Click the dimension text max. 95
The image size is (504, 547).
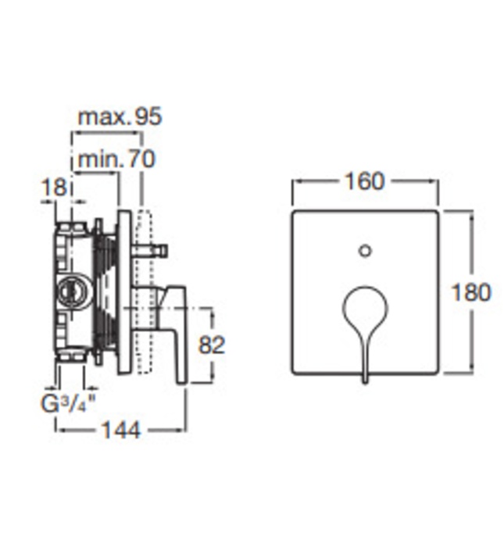point(119,116)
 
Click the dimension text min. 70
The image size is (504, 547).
point(116,159)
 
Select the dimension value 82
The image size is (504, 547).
point(211,345)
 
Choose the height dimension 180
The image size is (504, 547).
point(471,292)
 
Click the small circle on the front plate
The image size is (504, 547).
point(364,250)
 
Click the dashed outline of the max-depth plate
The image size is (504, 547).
point(142,289)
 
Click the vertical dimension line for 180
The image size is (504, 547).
point(471,234)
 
